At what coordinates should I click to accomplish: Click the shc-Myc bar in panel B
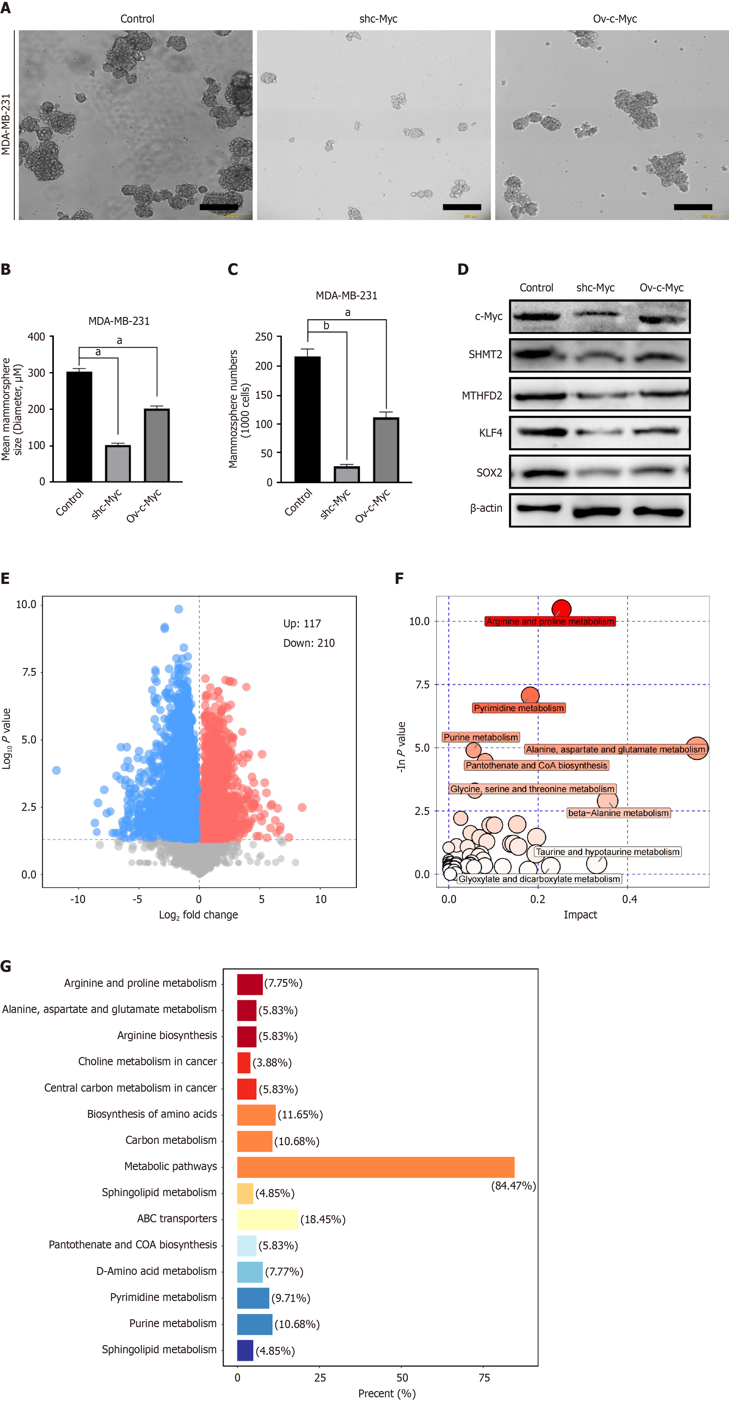118,463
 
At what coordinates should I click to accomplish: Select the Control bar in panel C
307,419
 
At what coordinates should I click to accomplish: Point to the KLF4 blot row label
490,433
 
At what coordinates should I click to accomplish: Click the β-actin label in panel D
486,508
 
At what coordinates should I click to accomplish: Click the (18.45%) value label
323,1219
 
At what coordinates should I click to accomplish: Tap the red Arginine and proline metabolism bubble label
550,621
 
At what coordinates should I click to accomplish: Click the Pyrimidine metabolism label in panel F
519,708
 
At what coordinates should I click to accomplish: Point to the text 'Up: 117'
302,624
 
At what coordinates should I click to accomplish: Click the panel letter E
5,578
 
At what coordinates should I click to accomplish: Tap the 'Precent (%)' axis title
387,1393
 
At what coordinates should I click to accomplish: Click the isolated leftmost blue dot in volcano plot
56,770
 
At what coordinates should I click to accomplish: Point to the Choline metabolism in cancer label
147,1061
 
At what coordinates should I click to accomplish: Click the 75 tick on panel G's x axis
484,1378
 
